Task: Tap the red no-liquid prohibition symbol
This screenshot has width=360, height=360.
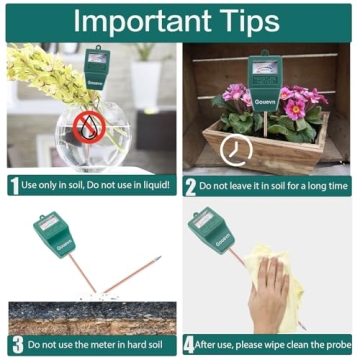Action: pos(93,125)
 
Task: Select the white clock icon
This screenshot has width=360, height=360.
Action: pos(237,151)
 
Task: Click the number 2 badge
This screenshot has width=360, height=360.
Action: pos(191,185)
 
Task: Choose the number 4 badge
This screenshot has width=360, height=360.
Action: pos(191,345)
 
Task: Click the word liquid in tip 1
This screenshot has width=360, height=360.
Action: pos(150,185)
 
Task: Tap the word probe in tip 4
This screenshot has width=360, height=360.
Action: pos(336,345)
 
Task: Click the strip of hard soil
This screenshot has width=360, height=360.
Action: pos(90,318)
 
